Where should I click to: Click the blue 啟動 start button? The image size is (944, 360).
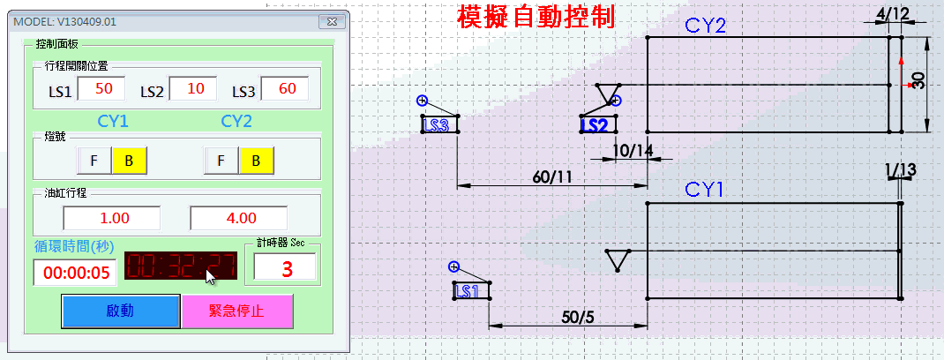tap(120, 311)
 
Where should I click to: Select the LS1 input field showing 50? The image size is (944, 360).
tap(103, 89)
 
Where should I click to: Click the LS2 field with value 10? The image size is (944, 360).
tap(194, 89)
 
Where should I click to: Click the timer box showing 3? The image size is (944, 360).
tap(285, 268)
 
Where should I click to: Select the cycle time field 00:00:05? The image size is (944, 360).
tap(75, 273)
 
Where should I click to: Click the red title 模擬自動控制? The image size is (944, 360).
tap(536, 18)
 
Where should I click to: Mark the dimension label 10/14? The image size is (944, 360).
tap(632, 151)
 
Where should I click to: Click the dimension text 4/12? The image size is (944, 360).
tap(893, 15)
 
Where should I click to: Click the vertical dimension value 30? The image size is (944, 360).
tap(918, 81)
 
